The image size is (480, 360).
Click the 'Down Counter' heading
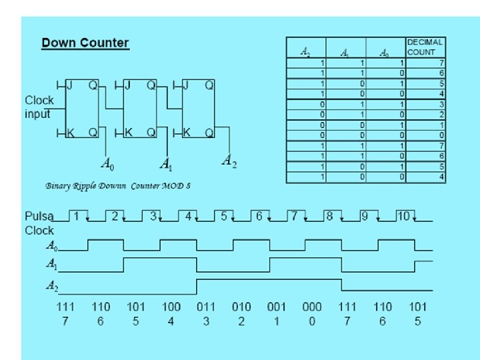(x=85, y=43)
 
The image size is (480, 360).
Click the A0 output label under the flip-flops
(x=107, y=162)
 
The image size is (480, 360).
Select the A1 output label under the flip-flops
(x=166, y=163)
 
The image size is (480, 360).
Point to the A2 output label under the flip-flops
(x=229, y=161)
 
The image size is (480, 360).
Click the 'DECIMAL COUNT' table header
(x=425, y=47)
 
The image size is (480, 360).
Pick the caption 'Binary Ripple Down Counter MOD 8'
(x=118, y=185)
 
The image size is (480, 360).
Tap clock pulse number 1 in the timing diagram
(x=77, y=216)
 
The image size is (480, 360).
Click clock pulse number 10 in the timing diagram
(x=403, y=216)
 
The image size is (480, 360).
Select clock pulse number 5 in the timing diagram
(x=224, y=216)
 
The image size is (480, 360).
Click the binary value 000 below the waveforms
(x=311, y=307)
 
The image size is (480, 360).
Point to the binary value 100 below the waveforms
(x=171, y=307)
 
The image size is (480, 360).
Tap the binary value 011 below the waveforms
(x=206, y=307)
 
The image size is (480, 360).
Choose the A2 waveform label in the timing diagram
(x=51, y=286)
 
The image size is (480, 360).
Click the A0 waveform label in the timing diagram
(x=51, y=245)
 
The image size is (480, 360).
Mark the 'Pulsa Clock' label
(x=39, y=223)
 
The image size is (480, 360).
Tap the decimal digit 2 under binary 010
(x=241, y=321)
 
